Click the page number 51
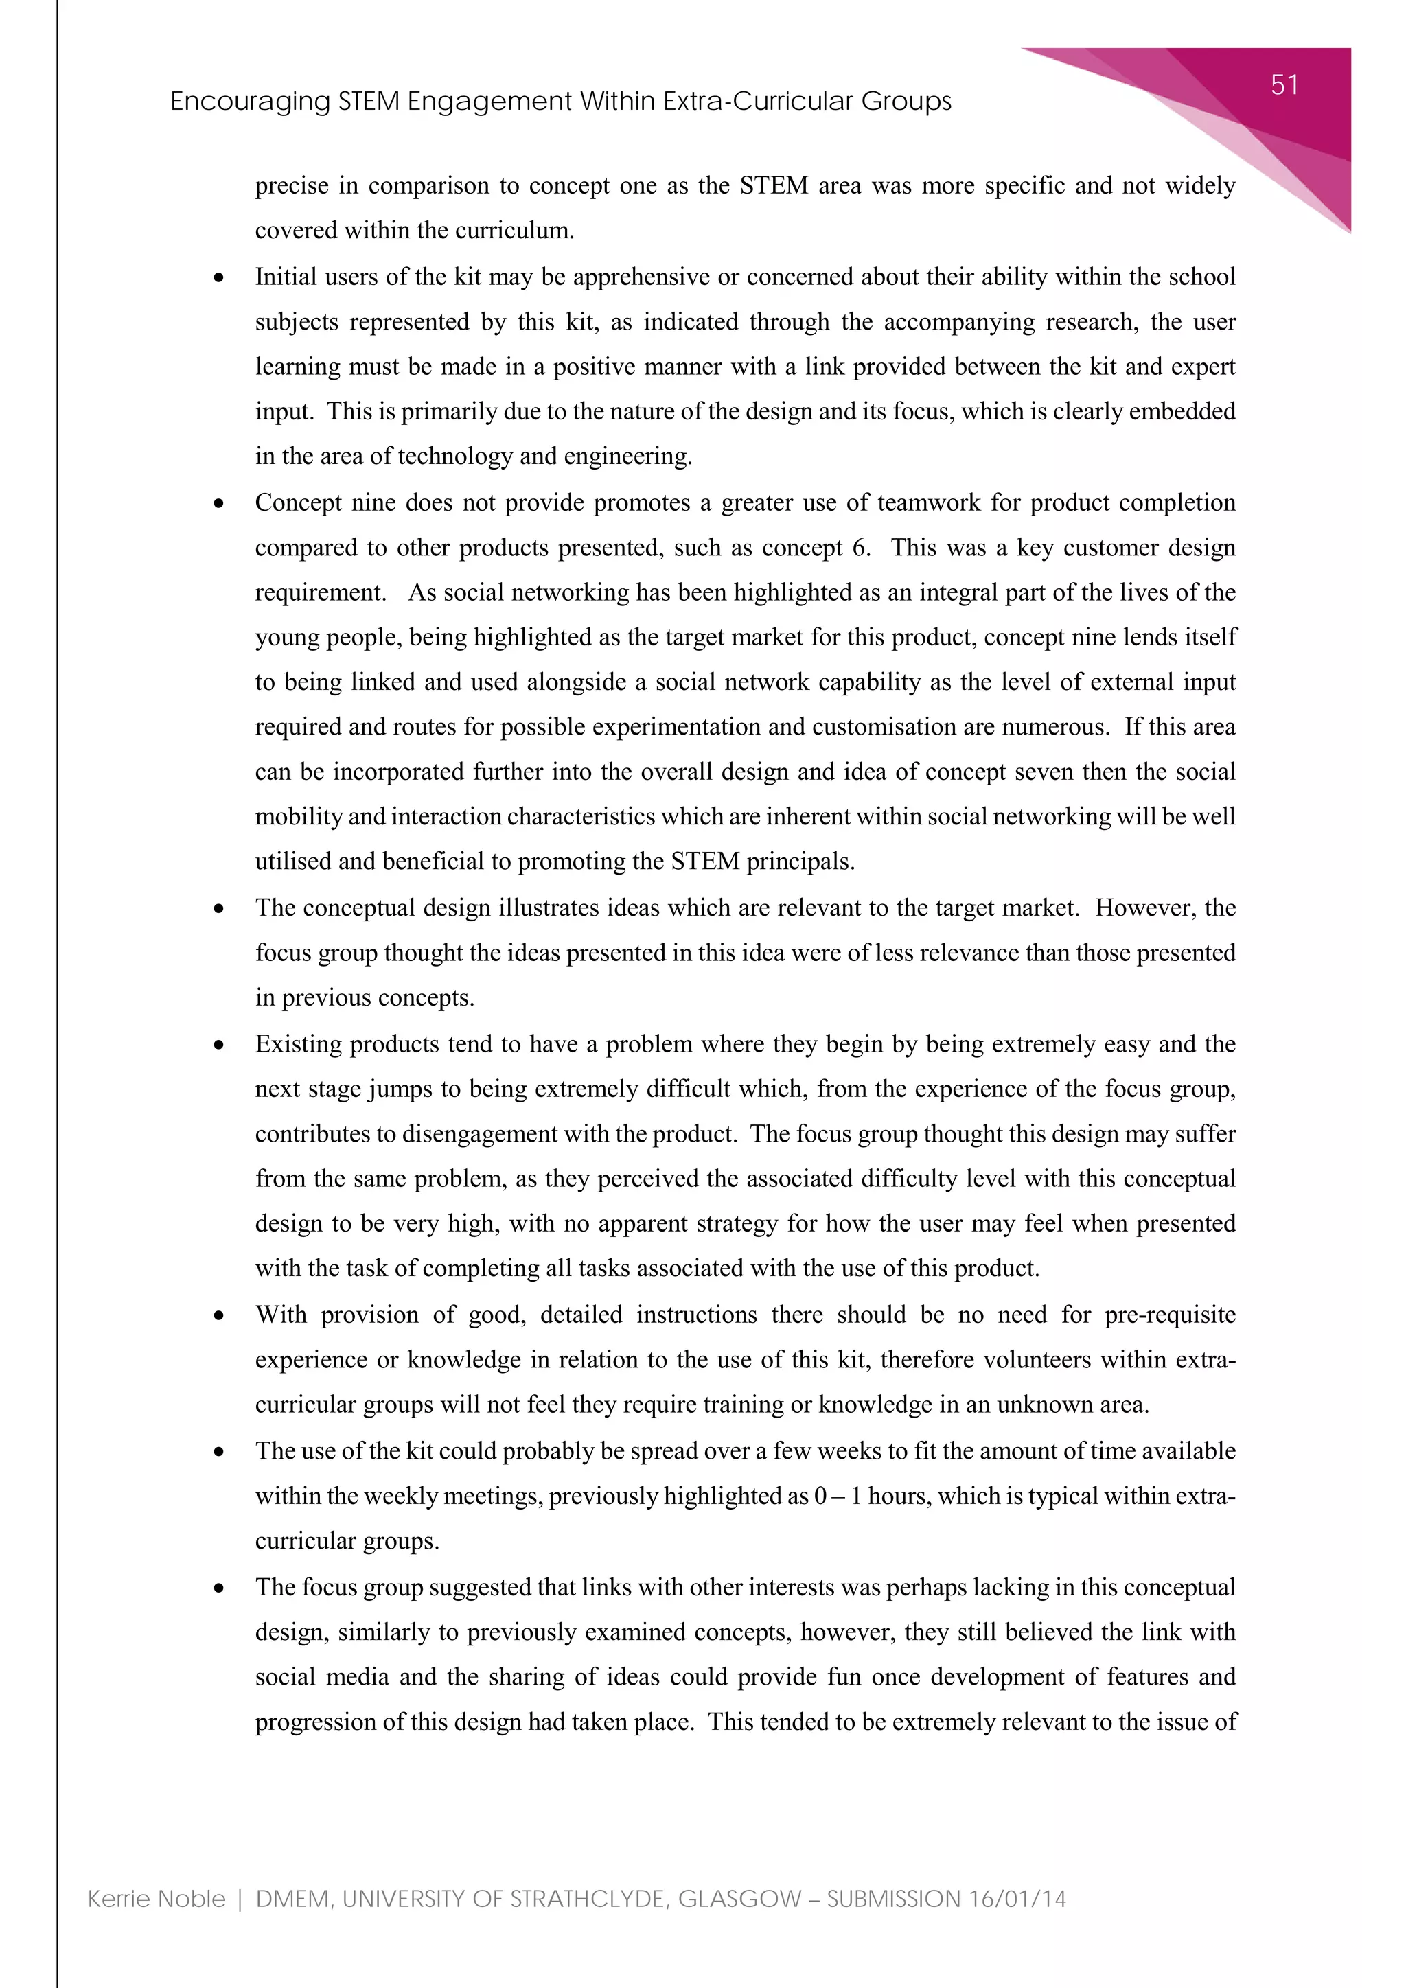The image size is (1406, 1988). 1284,85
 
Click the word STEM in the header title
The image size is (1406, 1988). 368,102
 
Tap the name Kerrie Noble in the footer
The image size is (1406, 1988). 157,1899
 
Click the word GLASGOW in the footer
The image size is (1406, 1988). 739,1899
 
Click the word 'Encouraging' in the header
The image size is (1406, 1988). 249,102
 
